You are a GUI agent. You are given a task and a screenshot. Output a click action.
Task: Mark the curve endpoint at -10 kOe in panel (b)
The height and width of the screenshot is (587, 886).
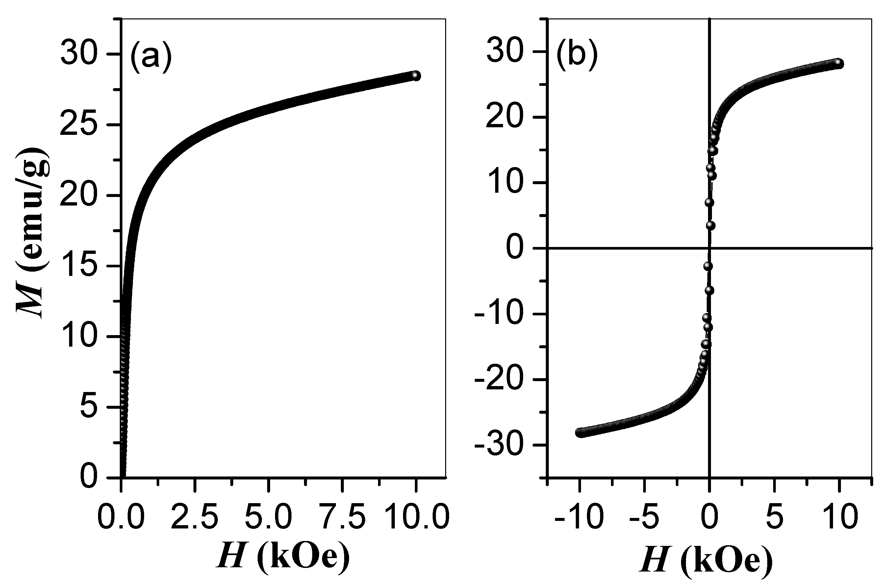point(580,433)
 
